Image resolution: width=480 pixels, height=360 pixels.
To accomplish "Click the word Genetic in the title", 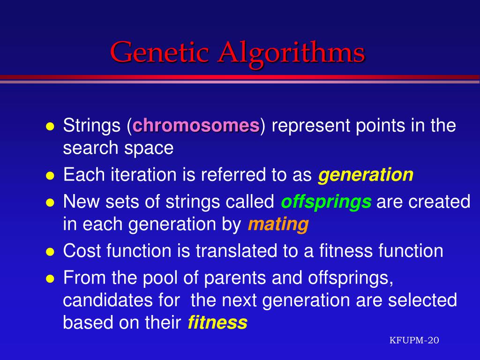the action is tap(159, 52).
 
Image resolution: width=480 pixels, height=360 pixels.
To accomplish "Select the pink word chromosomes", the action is tap(196, 125).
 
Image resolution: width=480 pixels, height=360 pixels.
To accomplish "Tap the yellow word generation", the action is tap(366, 175).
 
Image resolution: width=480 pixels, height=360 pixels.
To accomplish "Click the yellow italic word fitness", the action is tap(217, 322).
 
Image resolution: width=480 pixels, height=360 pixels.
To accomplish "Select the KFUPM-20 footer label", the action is tap(414, 340).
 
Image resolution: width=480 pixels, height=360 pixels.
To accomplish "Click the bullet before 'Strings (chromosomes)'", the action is tap(50, 127).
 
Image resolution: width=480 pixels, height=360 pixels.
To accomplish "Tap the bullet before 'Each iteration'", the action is tap(50, 176).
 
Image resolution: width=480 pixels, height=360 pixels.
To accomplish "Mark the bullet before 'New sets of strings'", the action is tap(50, 202).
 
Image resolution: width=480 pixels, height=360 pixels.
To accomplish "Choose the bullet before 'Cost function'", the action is tap(50, 252).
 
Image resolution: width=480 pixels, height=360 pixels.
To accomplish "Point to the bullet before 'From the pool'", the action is tap(50, 278).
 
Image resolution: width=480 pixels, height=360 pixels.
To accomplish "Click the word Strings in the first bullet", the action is tap(92, 126).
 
